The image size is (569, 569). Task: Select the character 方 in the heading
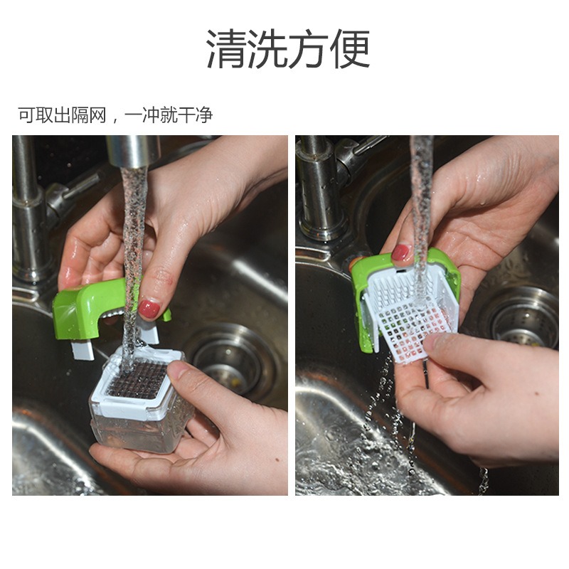[309, 48]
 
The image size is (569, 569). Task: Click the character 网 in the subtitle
[97, 115]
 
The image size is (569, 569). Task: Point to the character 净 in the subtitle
[204, 115]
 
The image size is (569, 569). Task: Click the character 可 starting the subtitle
[27, 115]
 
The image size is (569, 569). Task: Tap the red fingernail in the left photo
[149, 309]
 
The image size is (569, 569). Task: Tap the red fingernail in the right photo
[400, 252]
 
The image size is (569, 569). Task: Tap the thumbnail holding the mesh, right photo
[435, 342]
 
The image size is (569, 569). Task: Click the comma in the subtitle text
[115, 120]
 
